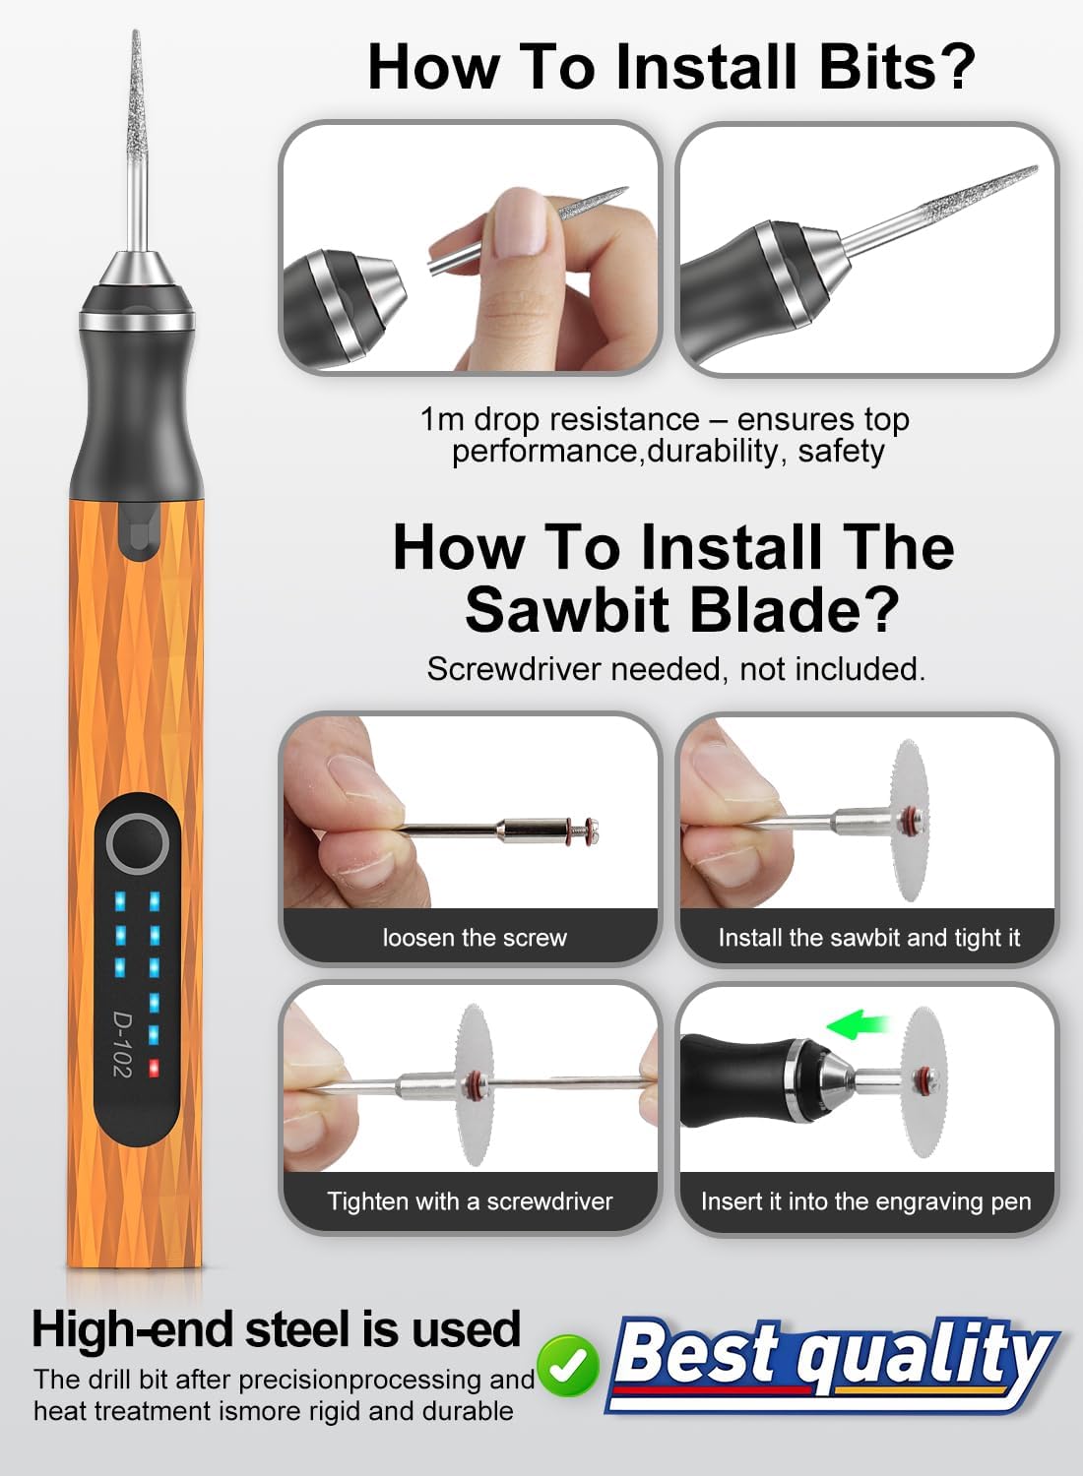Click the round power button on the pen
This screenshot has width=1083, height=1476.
coord(137,844)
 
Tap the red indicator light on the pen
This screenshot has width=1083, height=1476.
coord(154,1068)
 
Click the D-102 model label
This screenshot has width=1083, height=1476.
coord(121,1044)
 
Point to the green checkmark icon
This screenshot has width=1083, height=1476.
coord(569,1365)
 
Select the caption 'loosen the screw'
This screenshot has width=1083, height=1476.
coord(475,938)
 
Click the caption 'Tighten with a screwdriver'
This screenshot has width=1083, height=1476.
coord(470,1201)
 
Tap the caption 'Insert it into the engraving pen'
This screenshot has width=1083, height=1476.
coord(865,1201)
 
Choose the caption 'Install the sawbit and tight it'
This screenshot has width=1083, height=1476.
coord(868,938)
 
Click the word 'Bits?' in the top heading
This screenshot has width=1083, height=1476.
coord(896,67)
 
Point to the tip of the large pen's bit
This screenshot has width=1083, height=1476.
coord(136,35)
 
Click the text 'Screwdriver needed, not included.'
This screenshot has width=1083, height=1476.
coord(675,669)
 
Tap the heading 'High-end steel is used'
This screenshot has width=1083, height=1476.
coord(276,1329)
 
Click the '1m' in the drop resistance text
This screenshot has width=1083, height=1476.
coord(441,419)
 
